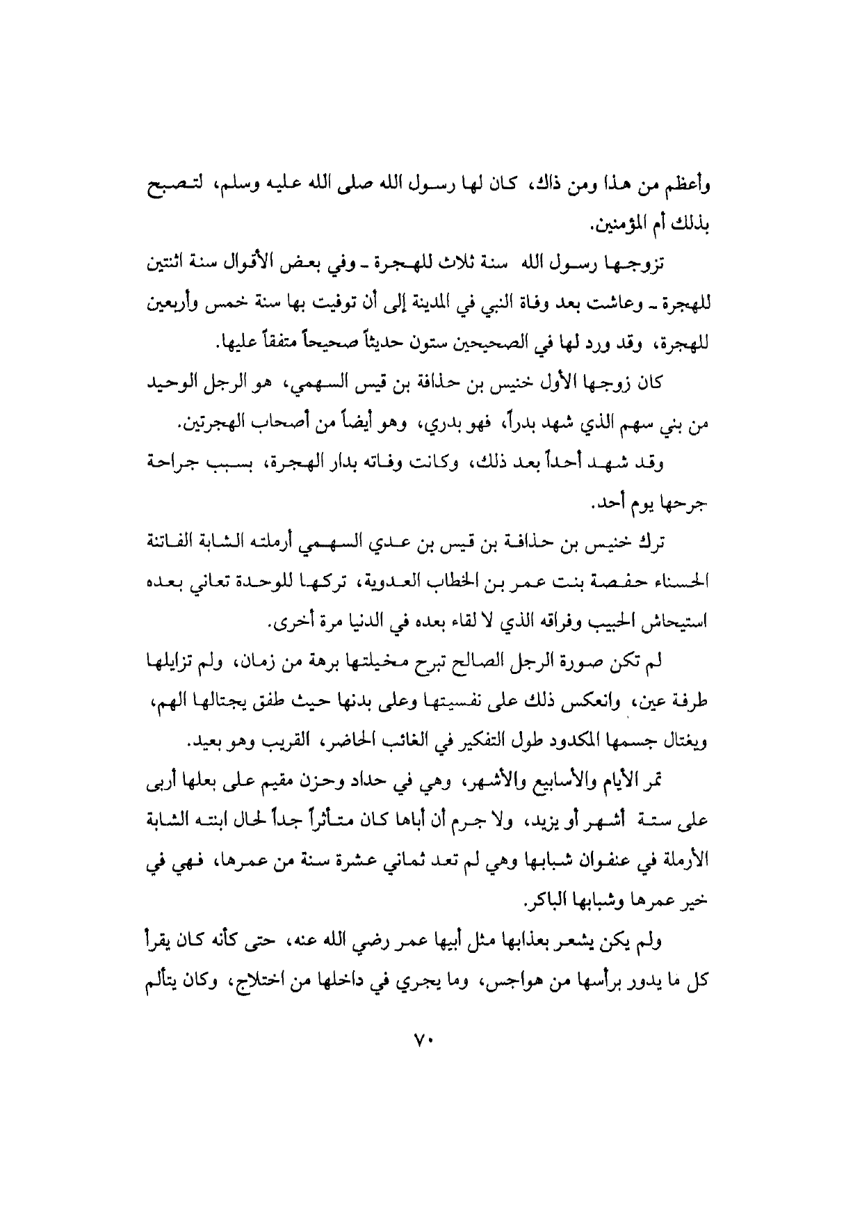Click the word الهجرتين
pos(212,423)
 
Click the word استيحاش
pos(672,621)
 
